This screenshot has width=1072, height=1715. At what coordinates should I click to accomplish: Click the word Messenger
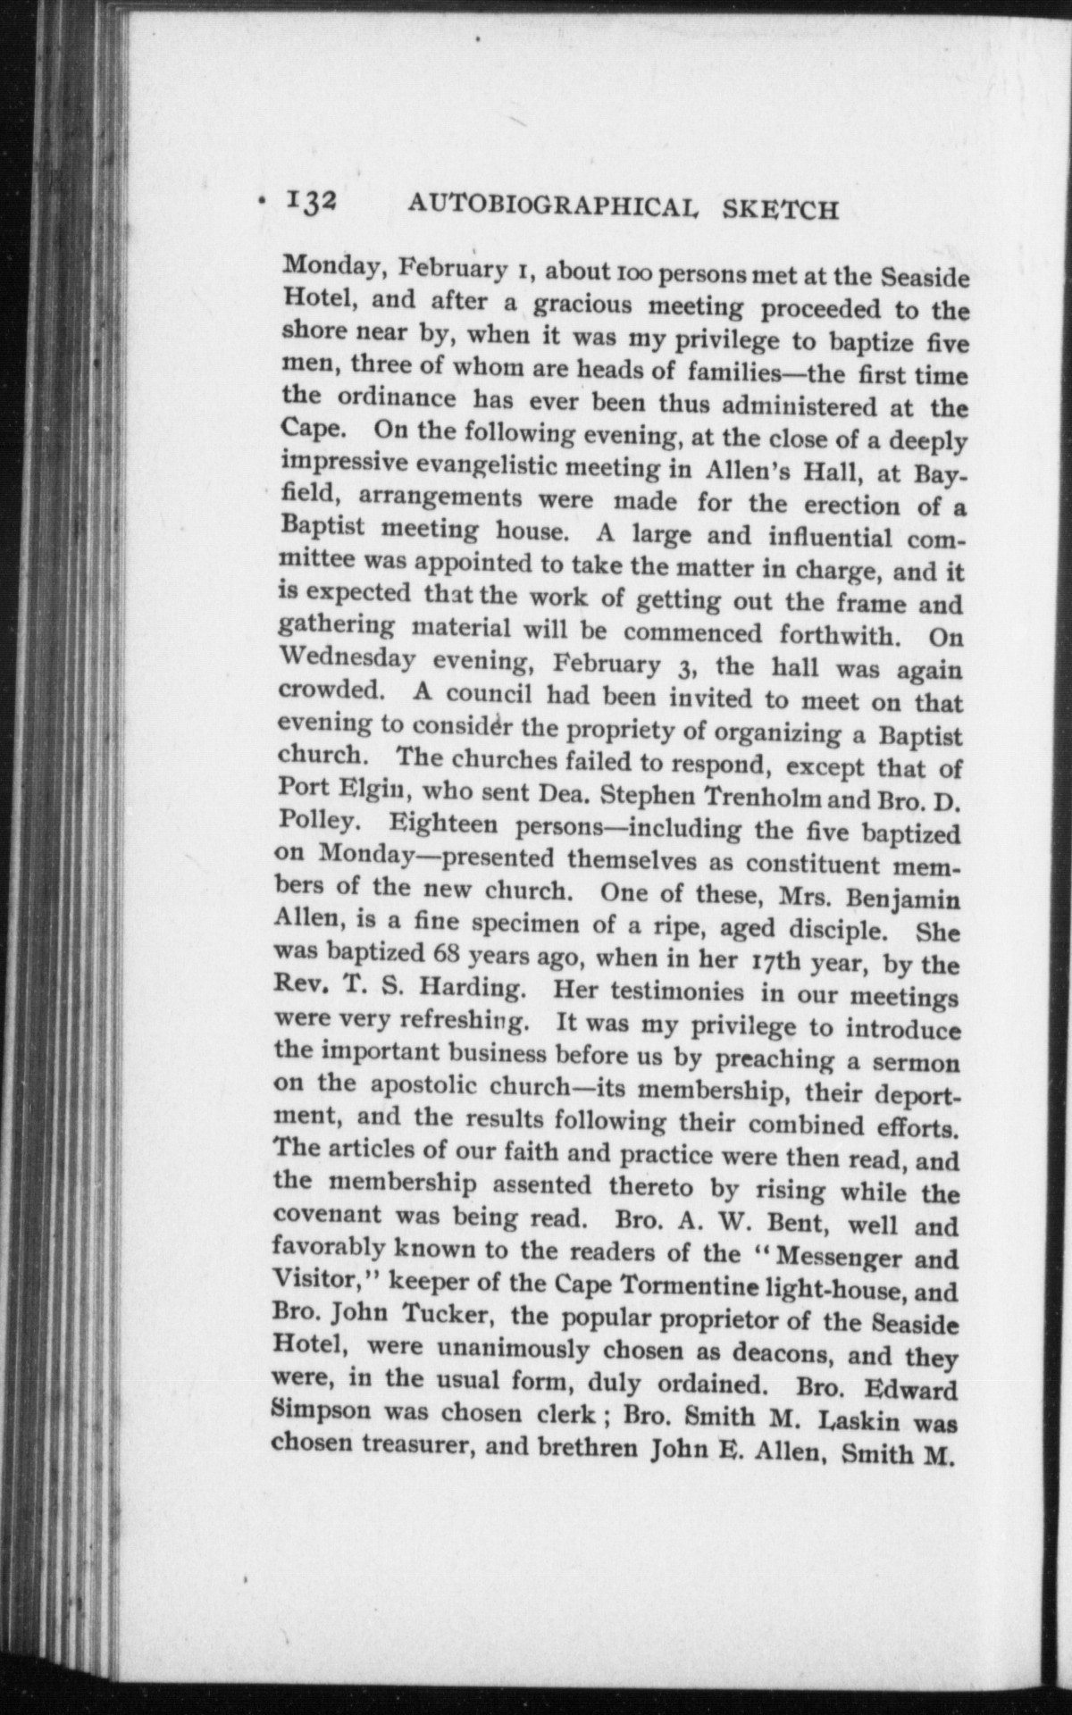(x=841, y=1257)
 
